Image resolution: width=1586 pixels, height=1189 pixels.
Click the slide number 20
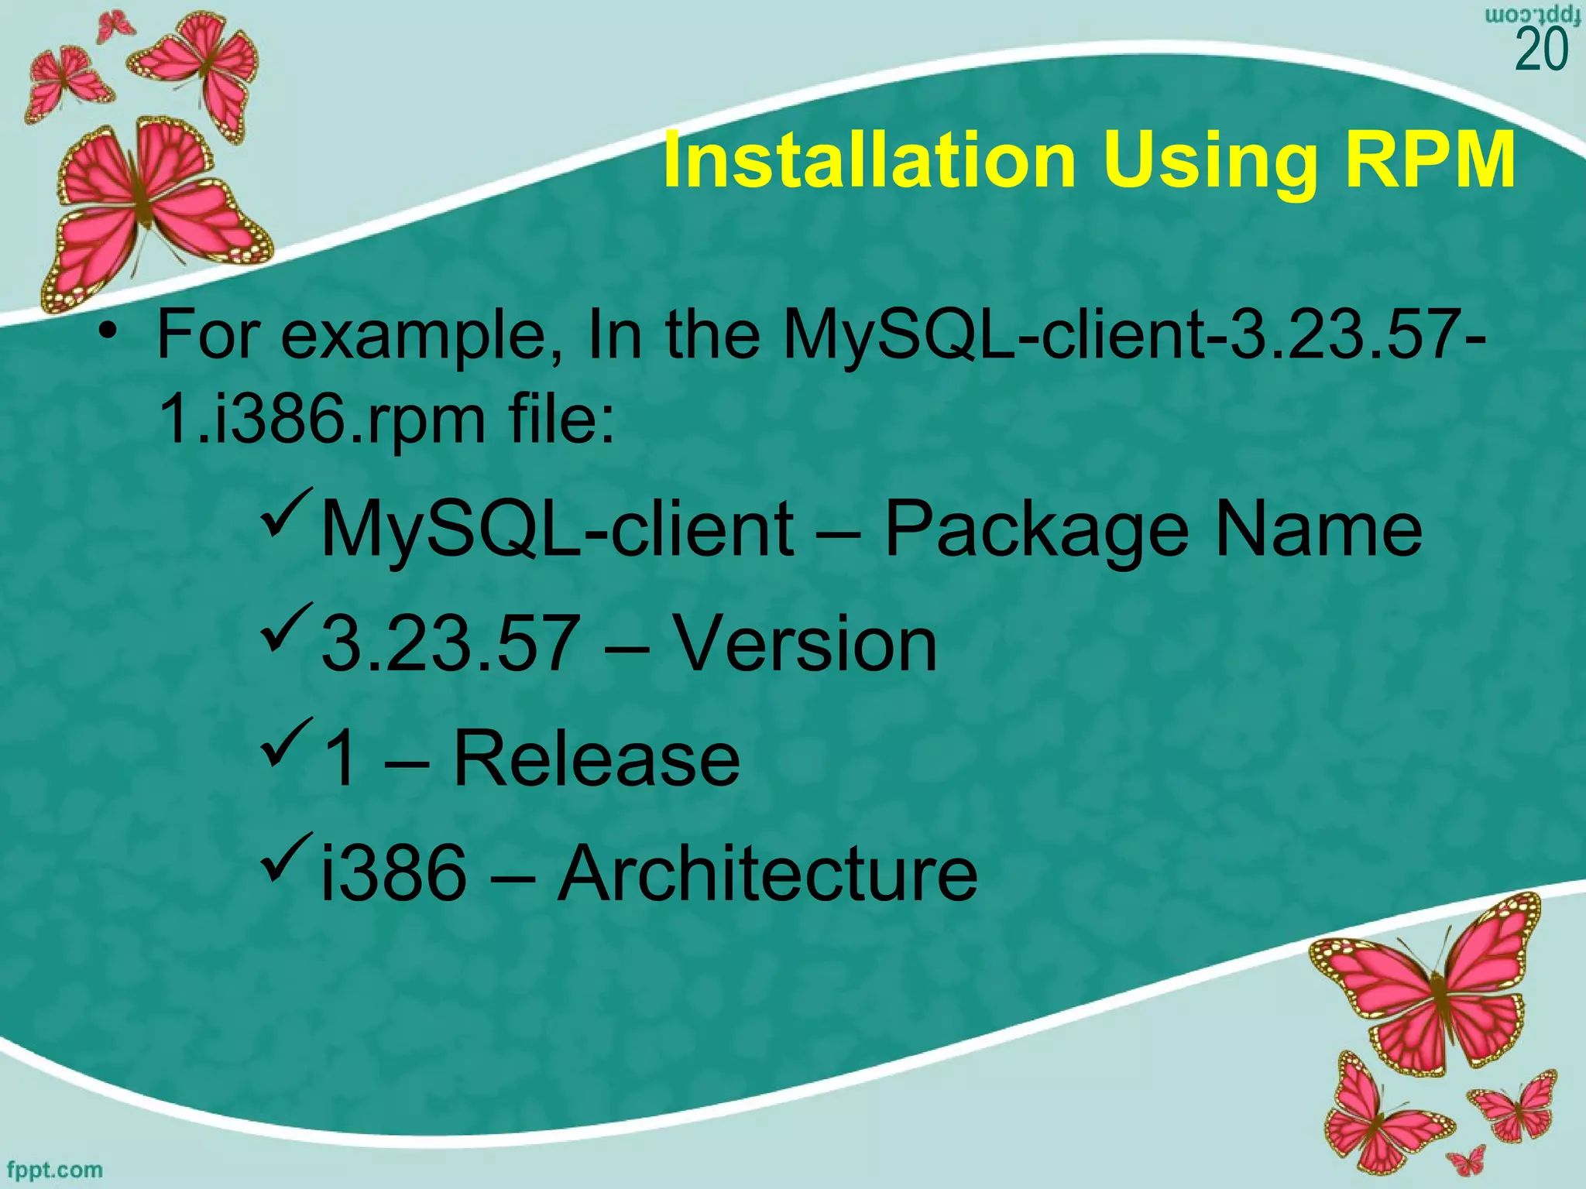[1541, 51]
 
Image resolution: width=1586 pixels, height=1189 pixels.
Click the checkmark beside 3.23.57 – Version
[287, 627]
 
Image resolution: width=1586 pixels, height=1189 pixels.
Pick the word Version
[805, 644]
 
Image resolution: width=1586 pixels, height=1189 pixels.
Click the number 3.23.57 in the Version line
[450, 644]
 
